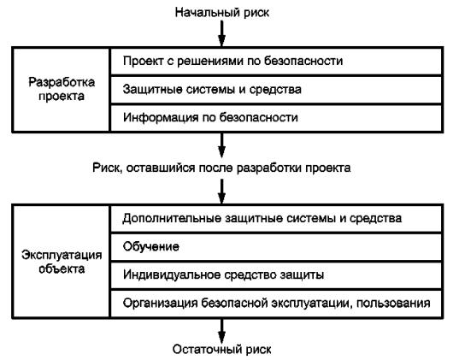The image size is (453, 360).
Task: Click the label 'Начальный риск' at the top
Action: click(x=222, y=13)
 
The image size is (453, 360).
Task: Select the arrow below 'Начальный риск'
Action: click(x=221, y=33)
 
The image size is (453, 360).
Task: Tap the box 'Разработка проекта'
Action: click(x=61, y=89)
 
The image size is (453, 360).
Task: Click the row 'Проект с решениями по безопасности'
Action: click(x=276, y=62)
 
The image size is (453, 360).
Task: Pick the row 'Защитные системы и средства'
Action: click(x=276, y=90)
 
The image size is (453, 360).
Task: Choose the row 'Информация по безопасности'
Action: click(x=276, y=118)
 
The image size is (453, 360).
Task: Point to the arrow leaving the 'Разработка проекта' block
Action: click(x=221, y=145)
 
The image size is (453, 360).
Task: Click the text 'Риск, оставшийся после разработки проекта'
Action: click(x=221, y=168)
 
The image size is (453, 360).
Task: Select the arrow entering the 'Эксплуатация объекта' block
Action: click(x=221, y=192)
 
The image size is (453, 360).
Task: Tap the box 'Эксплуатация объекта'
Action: click(x=61, y=262)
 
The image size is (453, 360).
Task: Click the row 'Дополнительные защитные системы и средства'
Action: click(x=276, y=219)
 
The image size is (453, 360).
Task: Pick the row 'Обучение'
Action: click(x=276, y=247)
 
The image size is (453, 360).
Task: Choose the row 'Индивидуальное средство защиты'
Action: click(x=276, y=275)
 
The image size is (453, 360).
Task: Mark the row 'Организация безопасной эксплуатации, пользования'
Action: click(x=276, y=304)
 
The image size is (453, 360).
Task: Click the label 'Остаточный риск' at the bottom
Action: click(x=222, y=349)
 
